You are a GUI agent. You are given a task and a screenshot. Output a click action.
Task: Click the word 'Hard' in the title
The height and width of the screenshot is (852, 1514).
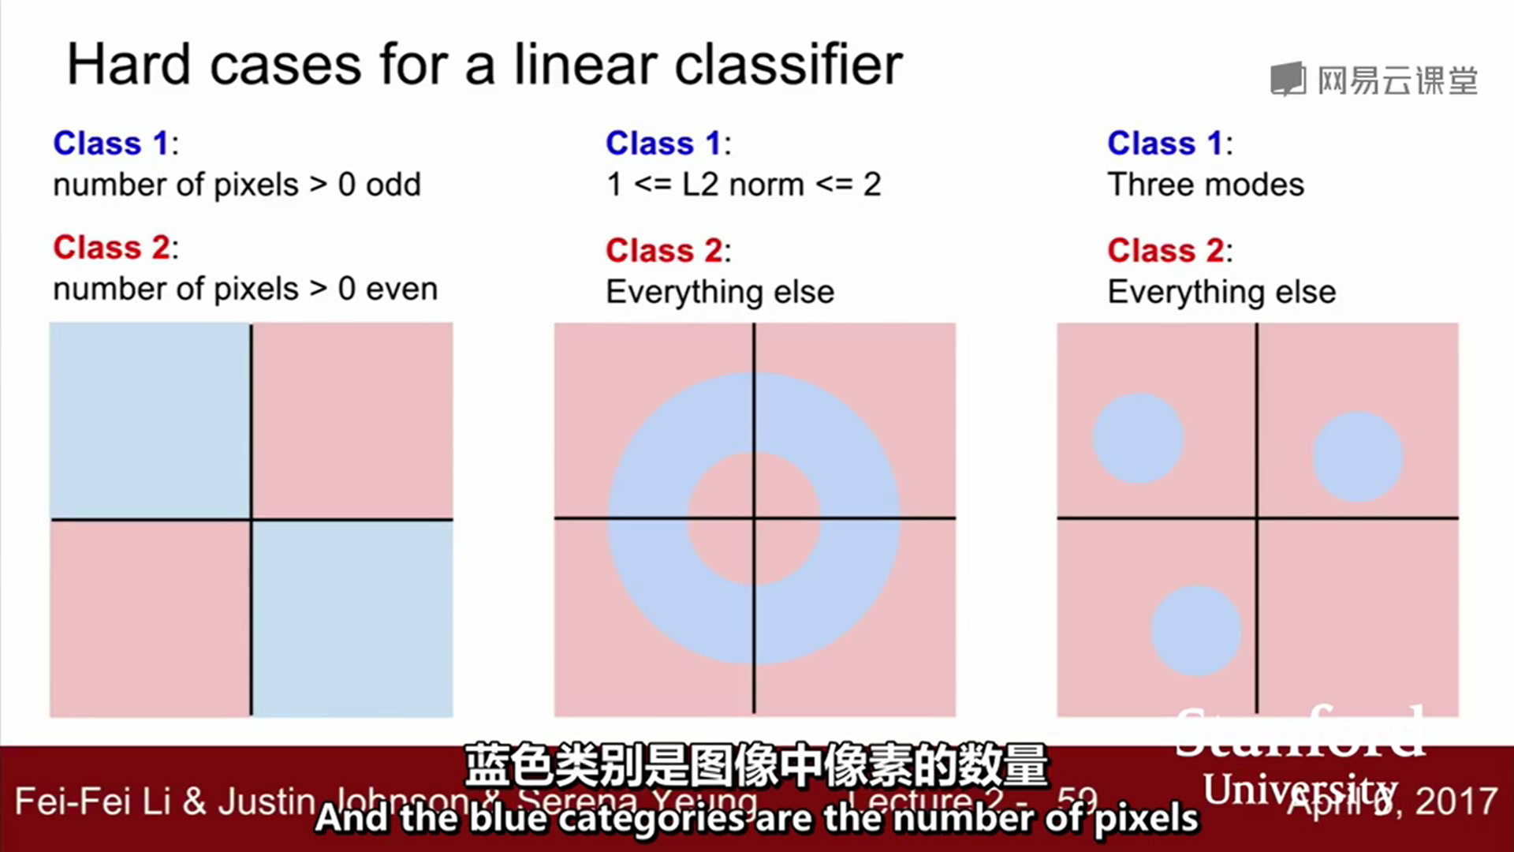[x=129, y=65]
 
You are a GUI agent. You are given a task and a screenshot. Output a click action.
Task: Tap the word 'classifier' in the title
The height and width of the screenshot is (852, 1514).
[x=788, y=65]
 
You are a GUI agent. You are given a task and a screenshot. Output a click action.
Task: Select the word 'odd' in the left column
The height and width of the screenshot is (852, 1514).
[x=393, y=185]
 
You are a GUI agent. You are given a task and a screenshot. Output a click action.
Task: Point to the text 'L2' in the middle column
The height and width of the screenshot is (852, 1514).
[x=700, y=185]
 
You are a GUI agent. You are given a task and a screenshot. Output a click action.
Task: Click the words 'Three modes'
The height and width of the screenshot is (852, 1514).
[x=1205, y=185]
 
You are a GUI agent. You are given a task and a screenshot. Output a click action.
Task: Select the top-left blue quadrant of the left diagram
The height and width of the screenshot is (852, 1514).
[x=150, y=420]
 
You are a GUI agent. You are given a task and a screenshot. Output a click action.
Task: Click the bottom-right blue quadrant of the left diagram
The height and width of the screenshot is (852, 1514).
[x=352, y=618]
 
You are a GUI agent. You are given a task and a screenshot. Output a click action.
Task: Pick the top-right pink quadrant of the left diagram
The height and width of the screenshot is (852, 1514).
[x=352, y=420]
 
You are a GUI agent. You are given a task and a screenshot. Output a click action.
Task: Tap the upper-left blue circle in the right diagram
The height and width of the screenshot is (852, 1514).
[x=1137, y=439]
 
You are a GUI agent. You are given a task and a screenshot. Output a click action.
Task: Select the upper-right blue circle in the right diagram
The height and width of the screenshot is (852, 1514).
[x=1357, y=457]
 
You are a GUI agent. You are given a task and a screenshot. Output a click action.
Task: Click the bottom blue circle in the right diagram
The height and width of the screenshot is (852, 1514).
[x=1195, y=631]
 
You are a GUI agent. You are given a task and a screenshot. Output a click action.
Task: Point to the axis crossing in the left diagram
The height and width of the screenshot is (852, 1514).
[x=252, y=519]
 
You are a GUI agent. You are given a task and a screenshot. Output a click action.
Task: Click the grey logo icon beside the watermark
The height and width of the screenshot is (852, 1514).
[x=1288, y=80]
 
